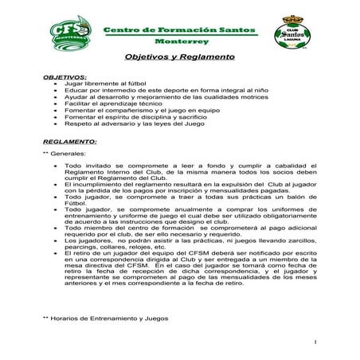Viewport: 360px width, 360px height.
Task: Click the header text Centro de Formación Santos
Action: pyautogui.click(x=181, y=29)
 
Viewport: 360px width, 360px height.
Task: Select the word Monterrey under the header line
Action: pyautogui.click(x=181, y=41)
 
